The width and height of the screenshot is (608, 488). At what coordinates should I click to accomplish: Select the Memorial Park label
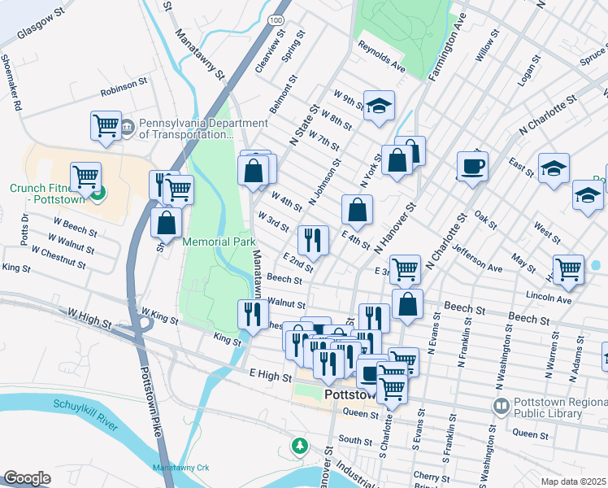(219, 242)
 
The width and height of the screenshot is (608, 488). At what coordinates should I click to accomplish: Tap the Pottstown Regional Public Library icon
(501, 405)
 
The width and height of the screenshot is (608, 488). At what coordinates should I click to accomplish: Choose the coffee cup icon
(472, 167)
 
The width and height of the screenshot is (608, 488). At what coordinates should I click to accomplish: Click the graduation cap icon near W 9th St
(378, 106)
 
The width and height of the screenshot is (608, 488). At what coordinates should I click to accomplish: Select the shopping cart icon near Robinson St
(106, 126)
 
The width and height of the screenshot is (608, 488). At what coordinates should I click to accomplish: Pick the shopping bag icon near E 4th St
(357, 211)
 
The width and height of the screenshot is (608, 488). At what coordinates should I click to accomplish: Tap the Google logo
(27, 478)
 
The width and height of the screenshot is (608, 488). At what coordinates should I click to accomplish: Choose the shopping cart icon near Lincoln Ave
(568, 269)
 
